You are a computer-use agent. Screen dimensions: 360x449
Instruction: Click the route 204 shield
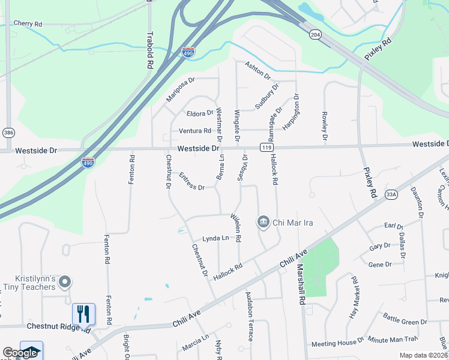[x=315, y=34]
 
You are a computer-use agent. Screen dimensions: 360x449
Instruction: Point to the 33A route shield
[x=391, y=194]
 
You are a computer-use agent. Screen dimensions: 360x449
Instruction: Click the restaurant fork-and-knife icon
[x=83, y=313]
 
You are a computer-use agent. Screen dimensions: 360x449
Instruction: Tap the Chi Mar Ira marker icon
[x=263, y=222]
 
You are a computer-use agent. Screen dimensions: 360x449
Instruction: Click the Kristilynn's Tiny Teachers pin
[x=65, y=281]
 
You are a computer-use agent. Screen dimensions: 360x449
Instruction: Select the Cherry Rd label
[x=28, y=23]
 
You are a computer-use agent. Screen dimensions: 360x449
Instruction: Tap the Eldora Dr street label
[x=200, y=113]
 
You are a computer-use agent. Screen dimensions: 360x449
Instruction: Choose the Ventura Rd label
[x=195, y=131]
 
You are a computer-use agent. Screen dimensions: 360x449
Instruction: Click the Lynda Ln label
[x=215, y=238]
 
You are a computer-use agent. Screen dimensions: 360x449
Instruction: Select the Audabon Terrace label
[x=249, y=316]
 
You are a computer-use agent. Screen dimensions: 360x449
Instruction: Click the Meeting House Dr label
[x=337, y=344]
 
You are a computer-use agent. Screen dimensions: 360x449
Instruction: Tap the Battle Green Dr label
[x=405, y=322]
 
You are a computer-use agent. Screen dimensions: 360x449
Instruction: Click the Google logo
[x=20, y=353]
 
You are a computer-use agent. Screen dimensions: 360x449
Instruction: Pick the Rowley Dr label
[x=324, y=126]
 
